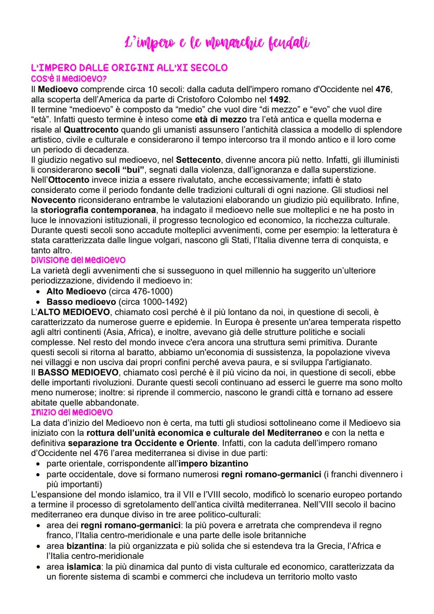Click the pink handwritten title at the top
[x=217, y=42]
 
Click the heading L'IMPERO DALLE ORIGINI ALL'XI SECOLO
[x=129, y=67]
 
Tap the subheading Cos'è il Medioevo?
[x=68, y=78]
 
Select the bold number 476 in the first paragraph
[x=383, y=89]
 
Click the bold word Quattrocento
[x=91, y=129]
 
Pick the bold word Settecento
[x=198, y=160]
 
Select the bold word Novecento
[x=53, y=200]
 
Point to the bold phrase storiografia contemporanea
[x=98, y=210]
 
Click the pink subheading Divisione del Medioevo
[x=78, y=260]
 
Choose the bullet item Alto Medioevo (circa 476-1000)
[x=109, y=291]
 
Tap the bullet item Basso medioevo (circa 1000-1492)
[x=117, y=301]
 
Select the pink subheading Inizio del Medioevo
[x=72, y=412]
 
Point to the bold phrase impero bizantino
[x=213, y=463]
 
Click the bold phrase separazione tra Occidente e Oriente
[x=142, y=443]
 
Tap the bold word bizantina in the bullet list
[x=85, y=546]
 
